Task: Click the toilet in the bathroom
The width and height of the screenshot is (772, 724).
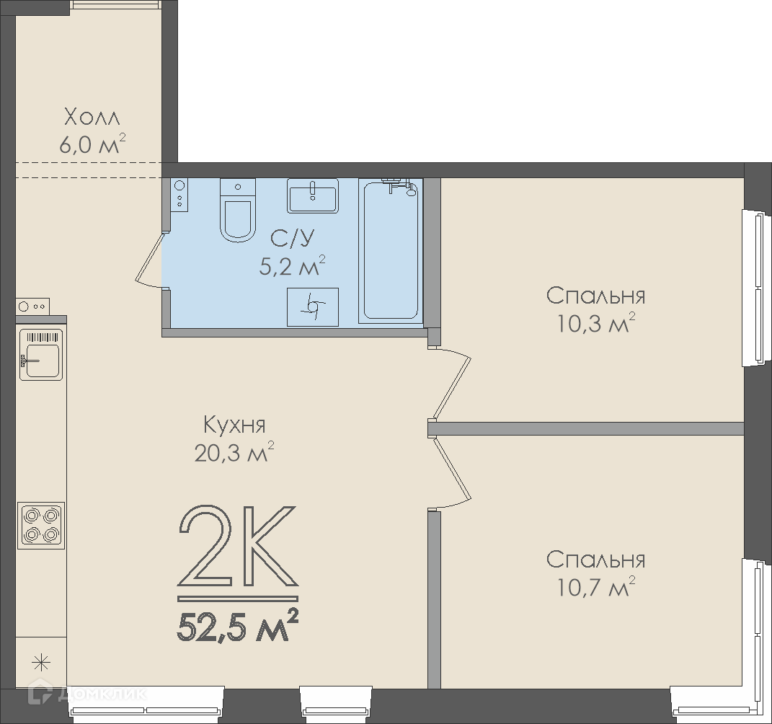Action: point(237,210)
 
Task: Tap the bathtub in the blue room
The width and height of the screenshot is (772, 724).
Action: point(391,251)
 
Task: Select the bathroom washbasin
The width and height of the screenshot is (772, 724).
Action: point(313,195)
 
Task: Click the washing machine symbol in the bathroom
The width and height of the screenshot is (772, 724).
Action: point(313,307)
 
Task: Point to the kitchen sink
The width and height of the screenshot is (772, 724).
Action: point(41,355)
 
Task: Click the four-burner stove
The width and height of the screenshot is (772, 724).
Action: point(41,525)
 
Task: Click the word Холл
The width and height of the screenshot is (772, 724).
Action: point(92,118)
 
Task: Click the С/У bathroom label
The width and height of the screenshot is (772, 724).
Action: point(292,239)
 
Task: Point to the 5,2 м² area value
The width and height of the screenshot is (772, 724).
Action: point(292,266)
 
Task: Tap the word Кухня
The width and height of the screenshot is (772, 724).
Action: point(234,425)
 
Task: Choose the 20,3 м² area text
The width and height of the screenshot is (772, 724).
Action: point(234,452)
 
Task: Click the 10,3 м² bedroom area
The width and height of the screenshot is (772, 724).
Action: point(595,323)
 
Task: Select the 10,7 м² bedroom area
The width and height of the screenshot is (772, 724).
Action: point(595,586)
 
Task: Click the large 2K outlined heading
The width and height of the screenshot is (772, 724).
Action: point(238,547)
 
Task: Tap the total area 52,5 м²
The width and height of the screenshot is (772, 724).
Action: point(238,625)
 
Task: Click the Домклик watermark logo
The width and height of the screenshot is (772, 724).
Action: point(88,694)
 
